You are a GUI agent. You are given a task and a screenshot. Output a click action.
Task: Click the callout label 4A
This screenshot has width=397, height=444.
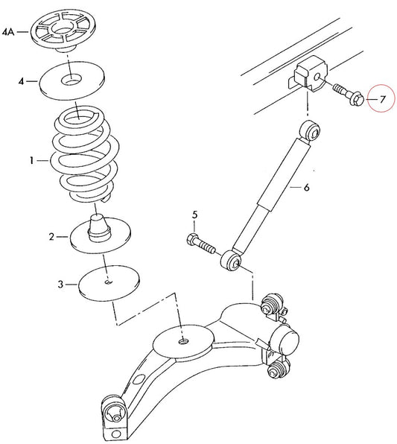click(x=8, y=32)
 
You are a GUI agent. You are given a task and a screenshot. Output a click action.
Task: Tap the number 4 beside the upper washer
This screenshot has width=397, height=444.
click(x=22, y=81)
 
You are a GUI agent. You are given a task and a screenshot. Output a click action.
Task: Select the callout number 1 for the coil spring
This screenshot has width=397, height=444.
click(x=32, y=161)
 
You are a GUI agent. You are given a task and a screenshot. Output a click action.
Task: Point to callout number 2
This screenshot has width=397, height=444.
click(x=51, y=236)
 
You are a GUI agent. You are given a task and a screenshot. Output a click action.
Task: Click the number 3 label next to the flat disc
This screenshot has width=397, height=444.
click(x=60, y=284)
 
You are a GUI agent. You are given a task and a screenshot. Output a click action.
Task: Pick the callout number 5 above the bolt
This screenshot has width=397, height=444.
click(x=194, y=215)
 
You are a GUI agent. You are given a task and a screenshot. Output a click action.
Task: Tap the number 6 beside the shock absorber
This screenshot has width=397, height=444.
click(x=306, y=187)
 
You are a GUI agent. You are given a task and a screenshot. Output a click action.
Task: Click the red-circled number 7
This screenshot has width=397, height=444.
click(x=382, y=99)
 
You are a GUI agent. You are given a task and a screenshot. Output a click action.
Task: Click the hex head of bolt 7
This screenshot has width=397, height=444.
click(x=357, y=100)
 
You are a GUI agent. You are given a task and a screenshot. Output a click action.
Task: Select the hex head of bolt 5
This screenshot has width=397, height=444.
click(x=192, y=240)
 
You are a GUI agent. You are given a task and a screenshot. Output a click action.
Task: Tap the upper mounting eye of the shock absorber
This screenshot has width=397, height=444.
click(x=311, y=130)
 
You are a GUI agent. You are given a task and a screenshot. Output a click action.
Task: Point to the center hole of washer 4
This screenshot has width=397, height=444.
click(x=71, y=79)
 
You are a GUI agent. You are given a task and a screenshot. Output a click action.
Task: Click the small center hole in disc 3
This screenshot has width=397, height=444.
click(x=109, y=282)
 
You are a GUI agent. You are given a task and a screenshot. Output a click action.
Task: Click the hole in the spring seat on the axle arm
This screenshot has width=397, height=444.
click(x=183, y=341)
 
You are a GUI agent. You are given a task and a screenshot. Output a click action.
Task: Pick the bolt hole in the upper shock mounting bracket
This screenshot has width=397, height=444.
click(x=317, y=77)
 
